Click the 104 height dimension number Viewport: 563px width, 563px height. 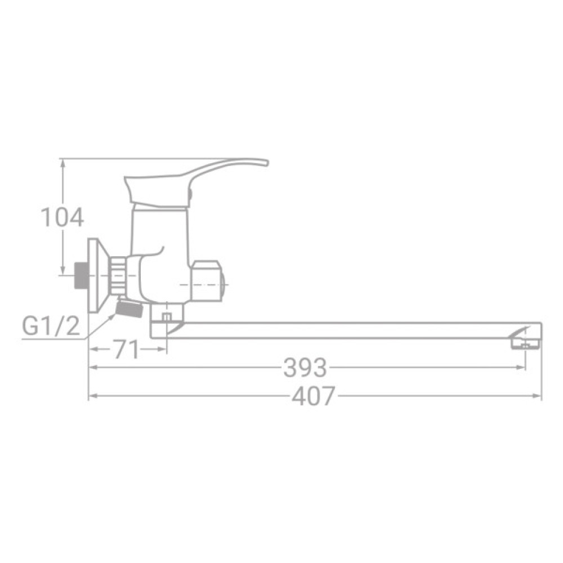tap(62, 217)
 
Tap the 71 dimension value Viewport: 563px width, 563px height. tap(126, 350)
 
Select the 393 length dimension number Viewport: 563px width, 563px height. tap(305, 368)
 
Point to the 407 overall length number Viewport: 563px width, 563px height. tap(314, 397)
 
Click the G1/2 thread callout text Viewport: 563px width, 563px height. tap(51, 327)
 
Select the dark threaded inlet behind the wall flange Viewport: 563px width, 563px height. tap(82, 275)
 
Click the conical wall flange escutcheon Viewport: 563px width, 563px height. tap(97, 275)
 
